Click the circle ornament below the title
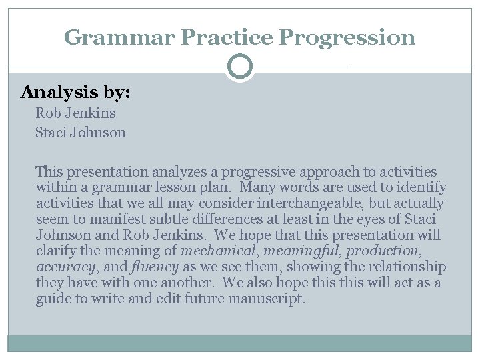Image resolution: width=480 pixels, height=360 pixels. [x=240, y=67]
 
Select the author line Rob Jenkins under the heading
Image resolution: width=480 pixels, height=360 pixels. [x=75, y=113]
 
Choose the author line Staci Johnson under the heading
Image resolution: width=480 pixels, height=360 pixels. [x=81, y=132]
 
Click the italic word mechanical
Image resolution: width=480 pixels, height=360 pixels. [x=218, y=251]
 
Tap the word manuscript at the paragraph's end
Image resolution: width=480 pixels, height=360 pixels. [x=266, y=299]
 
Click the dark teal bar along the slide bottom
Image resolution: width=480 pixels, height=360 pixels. [x=240, y=343]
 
